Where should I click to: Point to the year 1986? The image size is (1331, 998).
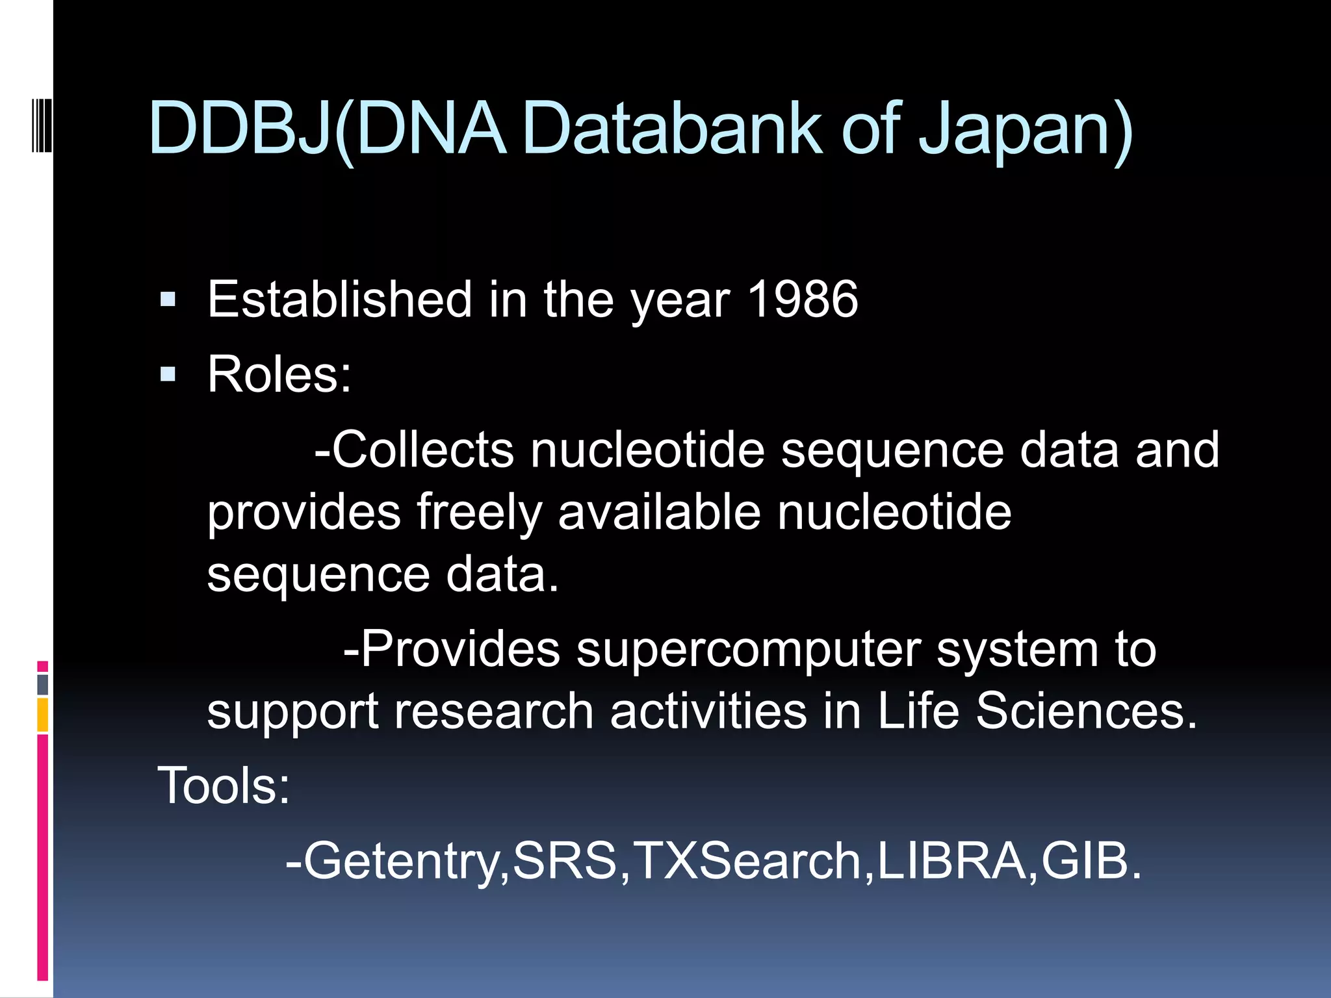point(803,300)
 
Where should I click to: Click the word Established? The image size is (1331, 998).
point(339,300)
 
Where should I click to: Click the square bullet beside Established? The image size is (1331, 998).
point(168,300)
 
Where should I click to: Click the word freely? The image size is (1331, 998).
point(479,512)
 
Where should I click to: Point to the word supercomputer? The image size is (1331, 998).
point(748,649)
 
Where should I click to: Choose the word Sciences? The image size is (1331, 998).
point(1086,711)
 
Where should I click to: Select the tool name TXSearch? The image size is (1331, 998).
point(747,861)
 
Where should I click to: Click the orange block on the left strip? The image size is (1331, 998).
point(42,714)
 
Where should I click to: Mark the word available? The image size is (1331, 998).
point(659,512)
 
